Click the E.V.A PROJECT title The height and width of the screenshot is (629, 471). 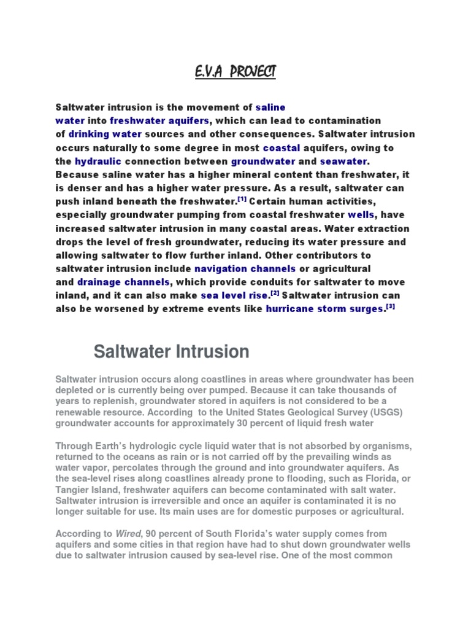pos(235,72)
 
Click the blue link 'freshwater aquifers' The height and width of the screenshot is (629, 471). pos(159,120)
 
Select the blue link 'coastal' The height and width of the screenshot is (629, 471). pos(281,147)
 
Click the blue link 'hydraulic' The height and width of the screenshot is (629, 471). pos(98,161)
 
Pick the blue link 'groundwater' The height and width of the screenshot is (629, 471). pos(264,161)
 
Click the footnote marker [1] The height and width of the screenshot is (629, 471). pos(242,198)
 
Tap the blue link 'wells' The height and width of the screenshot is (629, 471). pos(361,215)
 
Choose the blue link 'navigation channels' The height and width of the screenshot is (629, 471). pos(245,268)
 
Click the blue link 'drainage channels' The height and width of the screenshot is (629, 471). pos(123,282)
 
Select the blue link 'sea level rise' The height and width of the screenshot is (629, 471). pos(234,295)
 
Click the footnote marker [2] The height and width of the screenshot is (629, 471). pos(275,293)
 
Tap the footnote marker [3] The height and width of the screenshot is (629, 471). pos(390,307)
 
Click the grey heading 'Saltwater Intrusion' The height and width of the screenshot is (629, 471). pos(171,352)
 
